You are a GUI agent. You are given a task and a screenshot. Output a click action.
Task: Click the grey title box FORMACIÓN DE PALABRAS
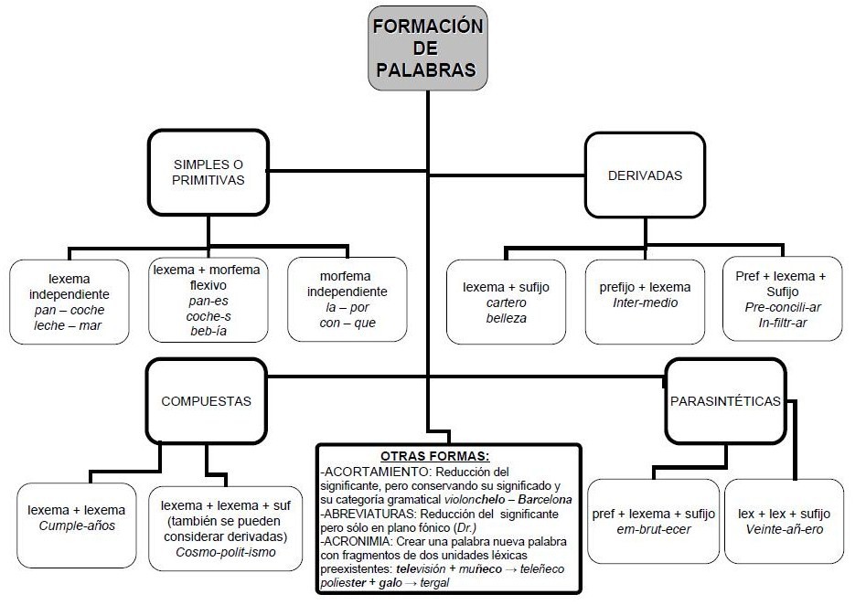[x=428, y=48]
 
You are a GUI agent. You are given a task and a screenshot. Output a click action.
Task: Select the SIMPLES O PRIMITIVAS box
[x=208, y=173]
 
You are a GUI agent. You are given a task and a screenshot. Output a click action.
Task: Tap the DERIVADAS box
[x=645, y=175]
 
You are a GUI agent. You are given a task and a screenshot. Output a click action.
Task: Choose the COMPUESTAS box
[x=206, y=400]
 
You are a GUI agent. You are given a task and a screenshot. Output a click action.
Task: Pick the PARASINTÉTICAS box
[x=725, y=400]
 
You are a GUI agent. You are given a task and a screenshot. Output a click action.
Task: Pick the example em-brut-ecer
[x=654, y=529]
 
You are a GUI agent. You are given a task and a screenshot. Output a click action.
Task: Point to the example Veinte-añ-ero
[x=785, y=529]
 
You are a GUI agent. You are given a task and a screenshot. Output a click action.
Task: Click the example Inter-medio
[x=645, y=302]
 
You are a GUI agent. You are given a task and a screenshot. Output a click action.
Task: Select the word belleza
[x=506, y=318]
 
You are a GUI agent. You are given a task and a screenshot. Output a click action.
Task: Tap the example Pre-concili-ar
[x=783, y=307]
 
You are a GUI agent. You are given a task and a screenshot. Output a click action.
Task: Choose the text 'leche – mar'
[x=69, y=325]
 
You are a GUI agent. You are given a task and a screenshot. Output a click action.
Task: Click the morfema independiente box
[x=347, y=300]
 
